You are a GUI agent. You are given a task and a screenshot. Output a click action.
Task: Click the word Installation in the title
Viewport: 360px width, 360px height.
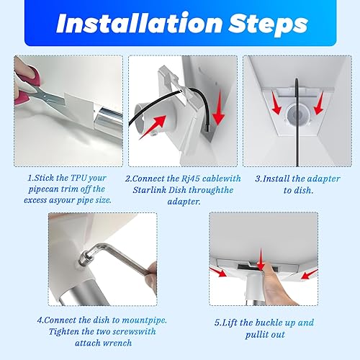(x=140, y=23)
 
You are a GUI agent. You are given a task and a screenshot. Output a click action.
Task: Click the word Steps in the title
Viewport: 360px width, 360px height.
(x=268, y=24)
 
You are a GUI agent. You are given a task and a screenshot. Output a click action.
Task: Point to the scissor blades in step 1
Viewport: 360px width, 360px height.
(x=49, y=96)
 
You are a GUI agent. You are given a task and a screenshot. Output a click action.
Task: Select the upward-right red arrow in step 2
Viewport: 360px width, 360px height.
(x=153, y=127)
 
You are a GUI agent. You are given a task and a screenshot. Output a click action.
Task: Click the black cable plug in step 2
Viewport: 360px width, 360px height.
(x=207, y=127)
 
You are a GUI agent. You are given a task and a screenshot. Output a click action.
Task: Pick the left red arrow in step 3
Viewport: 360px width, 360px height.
(x=276, y=102)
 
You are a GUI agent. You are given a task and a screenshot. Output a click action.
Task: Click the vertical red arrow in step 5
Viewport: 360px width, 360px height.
(x=261, y=261)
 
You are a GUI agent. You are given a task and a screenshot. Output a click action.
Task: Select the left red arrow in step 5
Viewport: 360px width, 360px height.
(x=218, y=272)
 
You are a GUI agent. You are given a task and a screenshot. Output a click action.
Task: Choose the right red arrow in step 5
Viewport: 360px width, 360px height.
(x=310, y=274)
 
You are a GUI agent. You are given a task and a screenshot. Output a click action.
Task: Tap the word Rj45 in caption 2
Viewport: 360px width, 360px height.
(x=190, y=179)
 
